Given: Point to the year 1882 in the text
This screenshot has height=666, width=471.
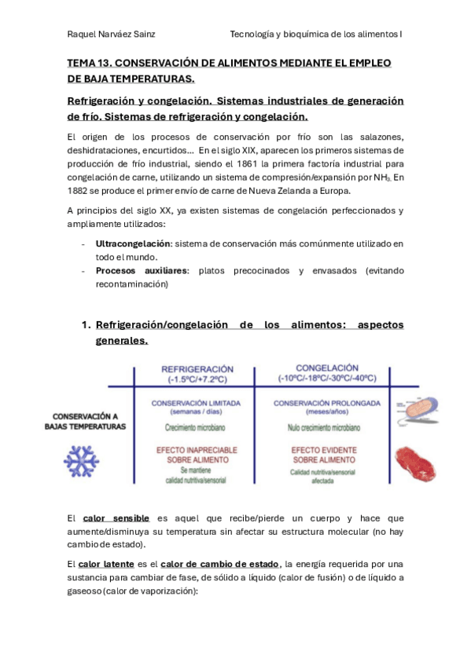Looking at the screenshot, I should coord(79,190).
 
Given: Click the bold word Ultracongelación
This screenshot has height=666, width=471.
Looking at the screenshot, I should coord(131,244).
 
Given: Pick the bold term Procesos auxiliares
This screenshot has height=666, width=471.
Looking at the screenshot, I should coord(141,271).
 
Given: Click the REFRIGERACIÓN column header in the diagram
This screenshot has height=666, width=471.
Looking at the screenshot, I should coord(197,368).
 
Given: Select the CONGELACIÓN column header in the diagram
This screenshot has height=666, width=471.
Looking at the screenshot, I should coord(317,368).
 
